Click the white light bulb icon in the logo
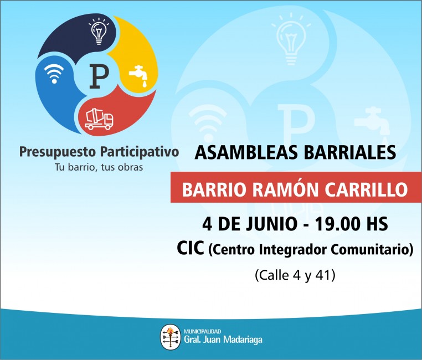click(x=99, y=31)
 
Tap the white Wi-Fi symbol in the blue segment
click(x=54, y=74)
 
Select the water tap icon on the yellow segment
click(x=138, y=76)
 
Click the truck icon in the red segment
click(x=99, y=119)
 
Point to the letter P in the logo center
click(x=99, y=76)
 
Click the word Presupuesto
click(x=58, y=152)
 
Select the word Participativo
click(x=140, y=152)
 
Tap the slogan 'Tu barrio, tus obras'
click(x=99, y=167)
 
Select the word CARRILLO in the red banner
click(x=366, y=189)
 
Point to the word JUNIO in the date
click(x=271, y=224)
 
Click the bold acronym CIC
click(x=191, y=248)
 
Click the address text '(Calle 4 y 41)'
click(x=295, y=275)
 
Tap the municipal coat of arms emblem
click(x=171, y=337)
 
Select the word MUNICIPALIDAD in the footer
click(x=202, y=332)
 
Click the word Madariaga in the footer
click(x=243, y=340)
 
